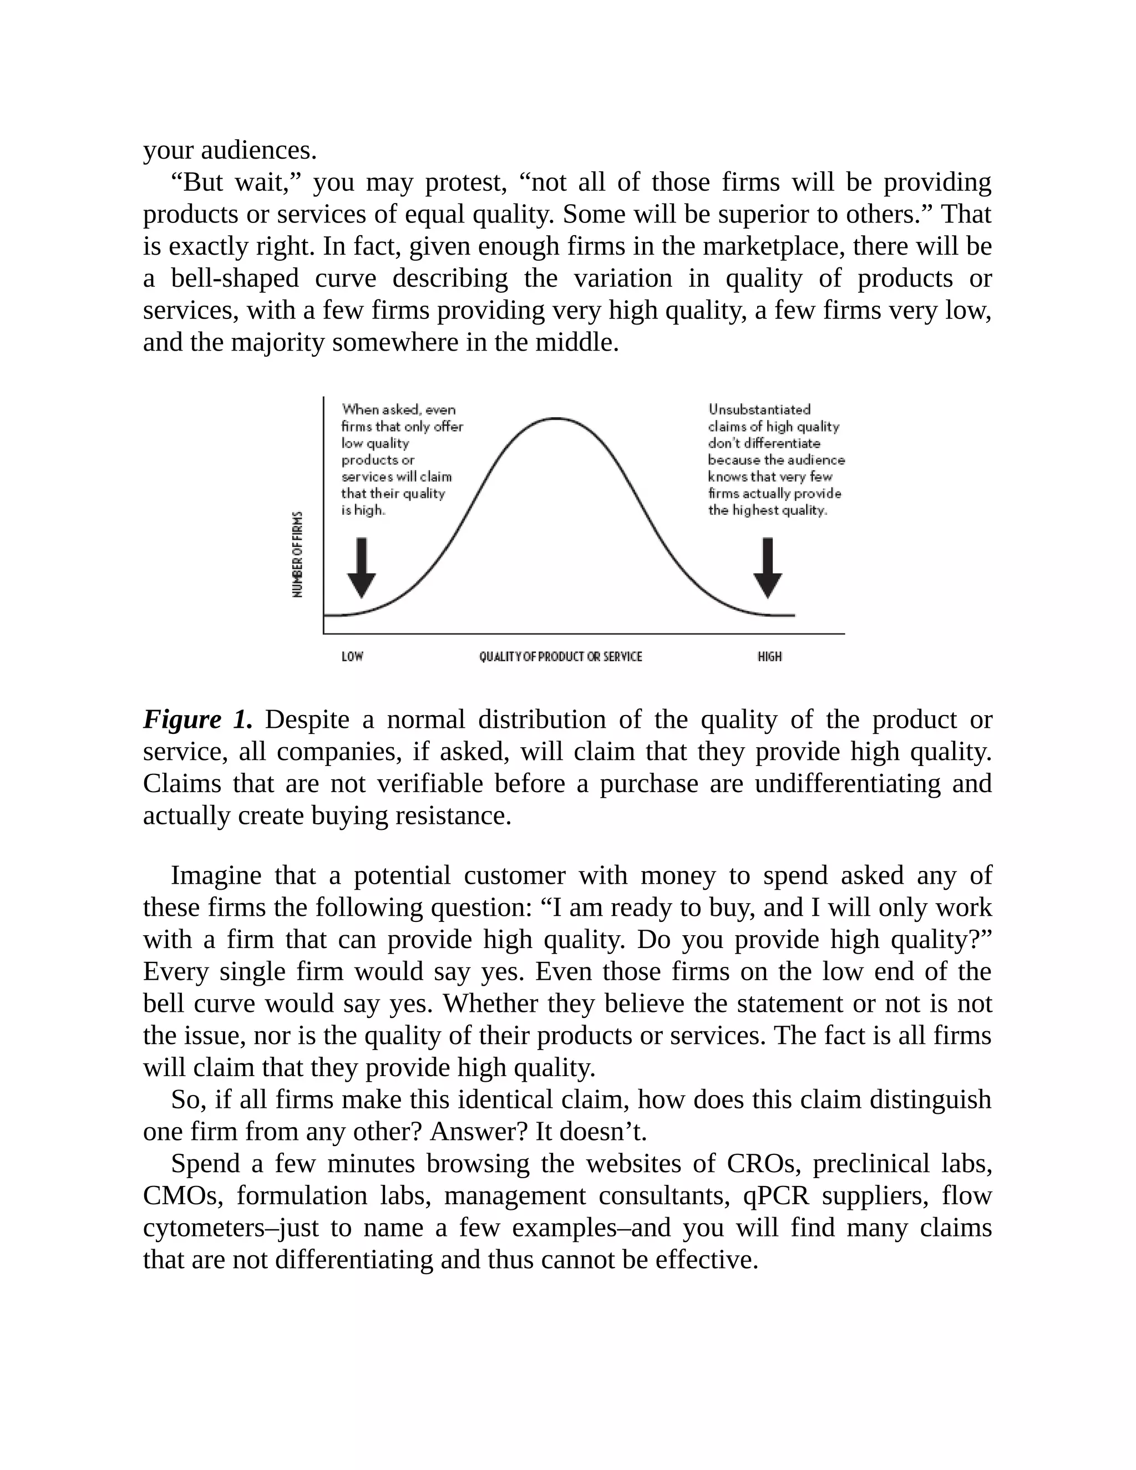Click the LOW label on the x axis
point(352,656)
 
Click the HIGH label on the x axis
point(769,656)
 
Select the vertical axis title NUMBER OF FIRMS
point(297,554)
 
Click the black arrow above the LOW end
point(362,567)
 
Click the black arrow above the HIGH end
point(767,567)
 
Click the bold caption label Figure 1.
point(197,719)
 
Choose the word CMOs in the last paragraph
point(182,1195)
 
